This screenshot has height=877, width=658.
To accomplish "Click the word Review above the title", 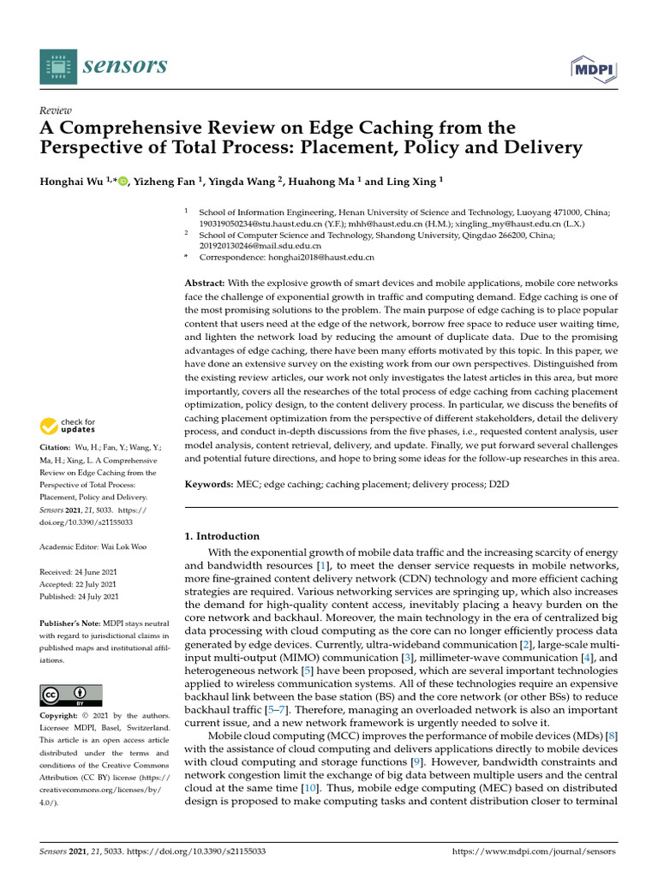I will coord(56,110).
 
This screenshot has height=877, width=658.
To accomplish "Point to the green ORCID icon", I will coord(123,181).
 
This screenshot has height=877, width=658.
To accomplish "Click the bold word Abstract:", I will coord(206,282).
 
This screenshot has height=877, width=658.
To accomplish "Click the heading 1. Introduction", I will coord(223,535).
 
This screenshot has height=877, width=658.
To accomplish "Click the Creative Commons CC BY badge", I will coord(71,695).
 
